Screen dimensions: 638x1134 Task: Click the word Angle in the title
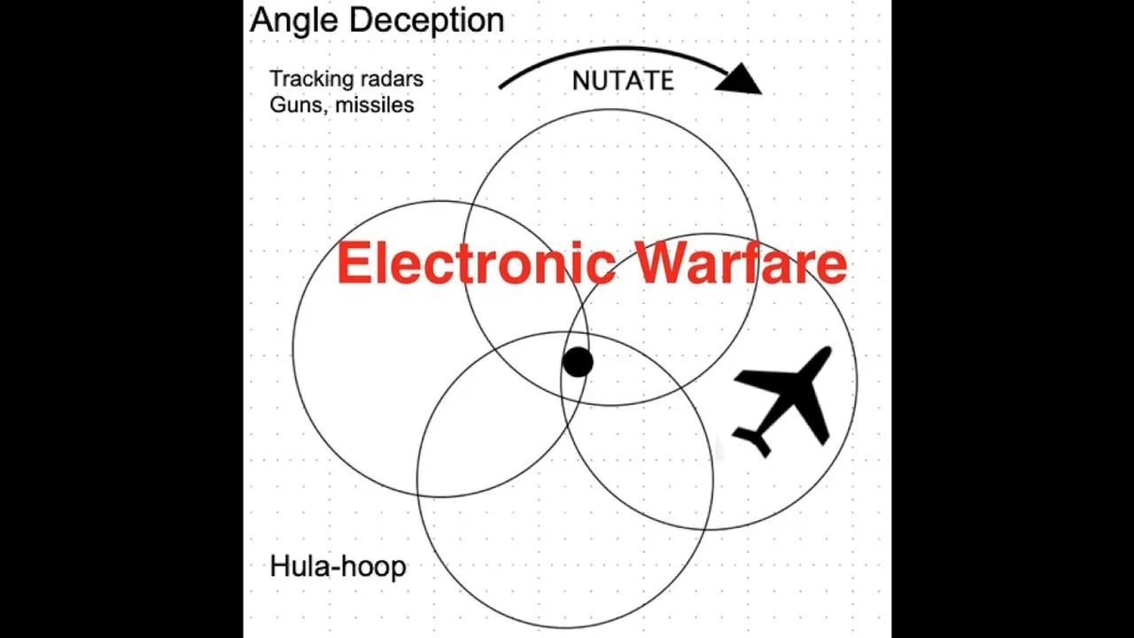point(292,20)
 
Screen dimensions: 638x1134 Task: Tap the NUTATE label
point(623,81)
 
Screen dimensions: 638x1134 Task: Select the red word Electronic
point(476,264)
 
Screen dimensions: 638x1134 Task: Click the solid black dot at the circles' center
point(578,362)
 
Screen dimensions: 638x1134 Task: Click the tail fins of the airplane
point(755,440)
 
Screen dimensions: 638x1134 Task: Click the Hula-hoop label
point(338,566)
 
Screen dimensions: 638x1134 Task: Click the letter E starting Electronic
point(352,264)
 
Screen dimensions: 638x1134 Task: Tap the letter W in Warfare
point(664,264)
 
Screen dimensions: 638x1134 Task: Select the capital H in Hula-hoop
point(279,566)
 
